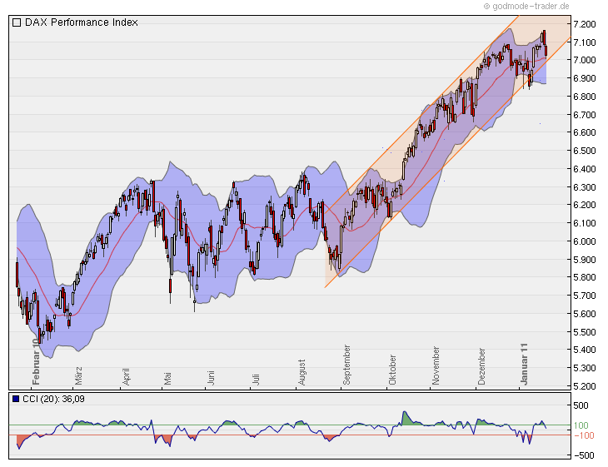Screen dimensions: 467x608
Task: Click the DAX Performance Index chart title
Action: (81, 22)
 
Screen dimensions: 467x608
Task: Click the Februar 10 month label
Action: (36, 361)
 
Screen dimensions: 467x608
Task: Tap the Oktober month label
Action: (392, 370)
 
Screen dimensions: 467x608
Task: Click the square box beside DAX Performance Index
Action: (17, 22)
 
